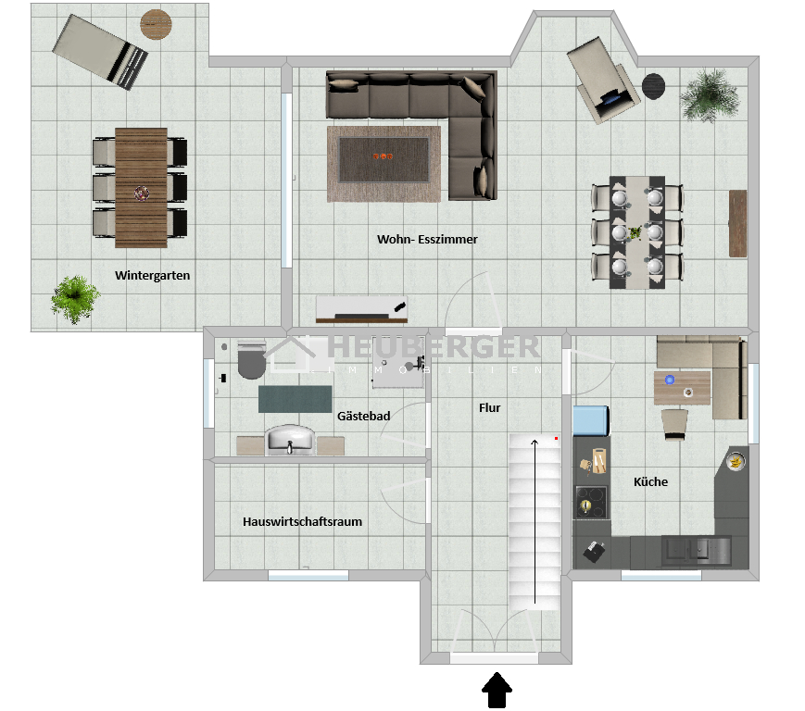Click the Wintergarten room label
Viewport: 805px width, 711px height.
(x=153, y=276)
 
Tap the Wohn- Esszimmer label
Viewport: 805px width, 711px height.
(x=427, y=239)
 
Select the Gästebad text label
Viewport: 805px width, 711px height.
(x=363, y=416)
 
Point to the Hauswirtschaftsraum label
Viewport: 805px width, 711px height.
(x=302, y=522)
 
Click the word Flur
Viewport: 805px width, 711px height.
(x=489, y=408)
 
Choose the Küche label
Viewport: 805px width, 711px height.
(x=650, y=481)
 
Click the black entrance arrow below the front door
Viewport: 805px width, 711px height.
(x=497, y=691)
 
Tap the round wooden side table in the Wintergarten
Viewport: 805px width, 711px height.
(x=156, y=24)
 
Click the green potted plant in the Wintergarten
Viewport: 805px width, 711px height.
(x=75, y=299)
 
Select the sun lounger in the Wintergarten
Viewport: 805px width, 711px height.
(x=100, y=52)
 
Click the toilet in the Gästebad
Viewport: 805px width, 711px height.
(x=251, y=358)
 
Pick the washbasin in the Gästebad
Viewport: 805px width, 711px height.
(x=290, y=440)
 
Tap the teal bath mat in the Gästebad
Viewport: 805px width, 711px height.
(x=296, y=399)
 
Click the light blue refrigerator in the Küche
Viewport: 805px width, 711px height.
(x=591, y=420)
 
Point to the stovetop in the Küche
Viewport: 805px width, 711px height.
(x=591, y=502)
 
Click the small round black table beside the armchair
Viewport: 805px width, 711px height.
(x=654, y=86)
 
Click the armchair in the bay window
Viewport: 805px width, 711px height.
(x=603, y=80)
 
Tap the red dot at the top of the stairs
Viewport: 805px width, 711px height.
(x=556, y=439)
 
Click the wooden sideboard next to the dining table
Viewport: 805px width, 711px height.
(x=737, y=223)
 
